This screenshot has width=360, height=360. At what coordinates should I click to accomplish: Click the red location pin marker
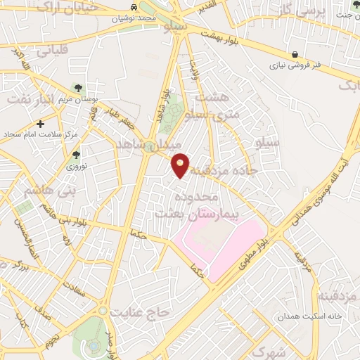click(x=181, y=165)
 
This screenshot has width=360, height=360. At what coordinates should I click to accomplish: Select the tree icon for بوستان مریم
click(x=77, y=88)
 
